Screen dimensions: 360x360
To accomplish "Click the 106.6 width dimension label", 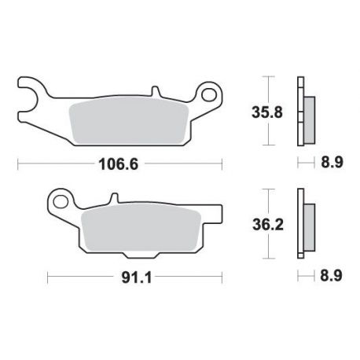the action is coord(118,164).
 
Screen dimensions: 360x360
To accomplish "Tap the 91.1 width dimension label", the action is coord(137,278).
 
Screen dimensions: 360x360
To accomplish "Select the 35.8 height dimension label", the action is coord(267,112).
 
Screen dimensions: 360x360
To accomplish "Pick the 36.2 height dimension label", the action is coord(268,225).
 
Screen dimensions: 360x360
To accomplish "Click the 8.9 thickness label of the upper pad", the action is coord(332,162).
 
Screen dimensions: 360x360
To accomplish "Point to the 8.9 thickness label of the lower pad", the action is coord(331,276).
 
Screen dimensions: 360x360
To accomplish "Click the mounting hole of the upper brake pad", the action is coord(209,94).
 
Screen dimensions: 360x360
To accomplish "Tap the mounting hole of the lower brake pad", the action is coord(61,202).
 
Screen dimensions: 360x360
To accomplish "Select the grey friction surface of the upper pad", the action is coord(129,121).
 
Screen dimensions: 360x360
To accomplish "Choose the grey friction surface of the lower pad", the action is coord(141,227).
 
